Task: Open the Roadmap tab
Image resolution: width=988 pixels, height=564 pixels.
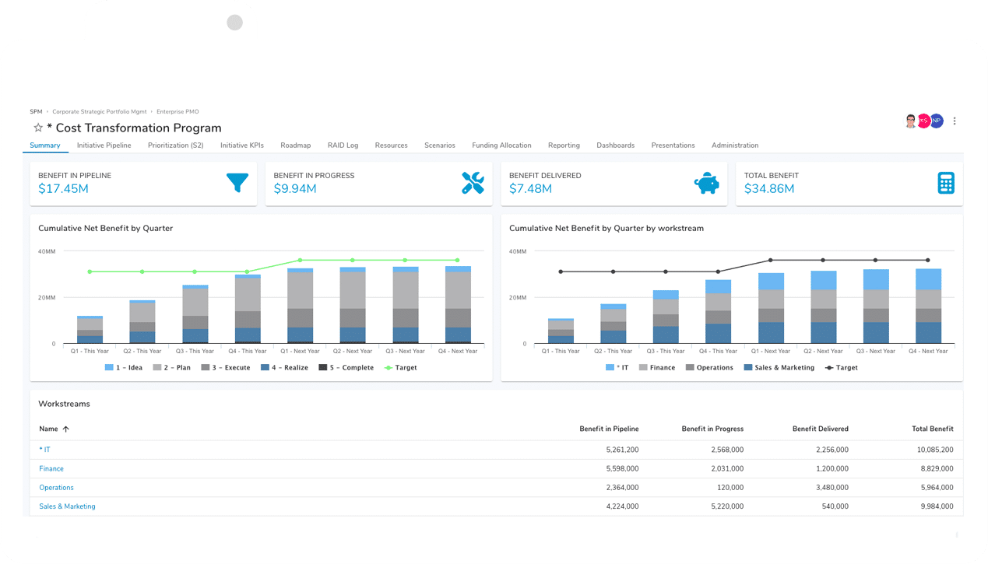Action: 295,145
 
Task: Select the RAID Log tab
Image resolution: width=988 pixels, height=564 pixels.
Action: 343,145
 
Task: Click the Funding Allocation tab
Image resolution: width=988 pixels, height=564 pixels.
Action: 501,145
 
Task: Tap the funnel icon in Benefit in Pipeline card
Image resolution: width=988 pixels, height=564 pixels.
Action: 237,183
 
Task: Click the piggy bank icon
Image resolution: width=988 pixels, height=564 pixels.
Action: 707,184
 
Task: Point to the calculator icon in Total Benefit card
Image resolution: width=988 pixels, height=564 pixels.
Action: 946,184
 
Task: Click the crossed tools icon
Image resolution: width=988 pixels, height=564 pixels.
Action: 473,184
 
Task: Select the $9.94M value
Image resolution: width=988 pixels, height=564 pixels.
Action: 295,189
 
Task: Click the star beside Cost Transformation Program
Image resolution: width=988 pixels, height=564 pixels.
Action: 37,128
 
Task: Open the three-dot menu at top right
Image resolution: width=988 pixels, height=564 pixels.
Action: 955,121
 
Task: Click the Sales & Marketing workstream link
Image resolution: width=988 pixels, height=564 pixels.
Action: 67,506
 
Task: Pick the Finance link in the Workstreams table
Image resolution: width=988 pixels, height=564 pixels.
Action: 51,469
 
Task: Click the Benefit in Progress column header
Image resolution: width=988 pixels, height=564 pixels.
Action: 712,429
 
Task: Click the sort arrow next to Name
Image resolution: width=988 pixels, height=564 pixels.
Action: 66,429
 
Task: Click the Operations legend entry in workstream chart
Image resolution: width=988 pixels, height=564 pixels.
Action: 709,368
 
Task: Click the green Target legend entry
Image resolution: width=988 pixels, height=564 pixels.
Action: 401,368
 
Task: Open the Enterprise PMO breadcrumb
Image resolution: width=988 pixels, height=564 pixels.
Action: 178,112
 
